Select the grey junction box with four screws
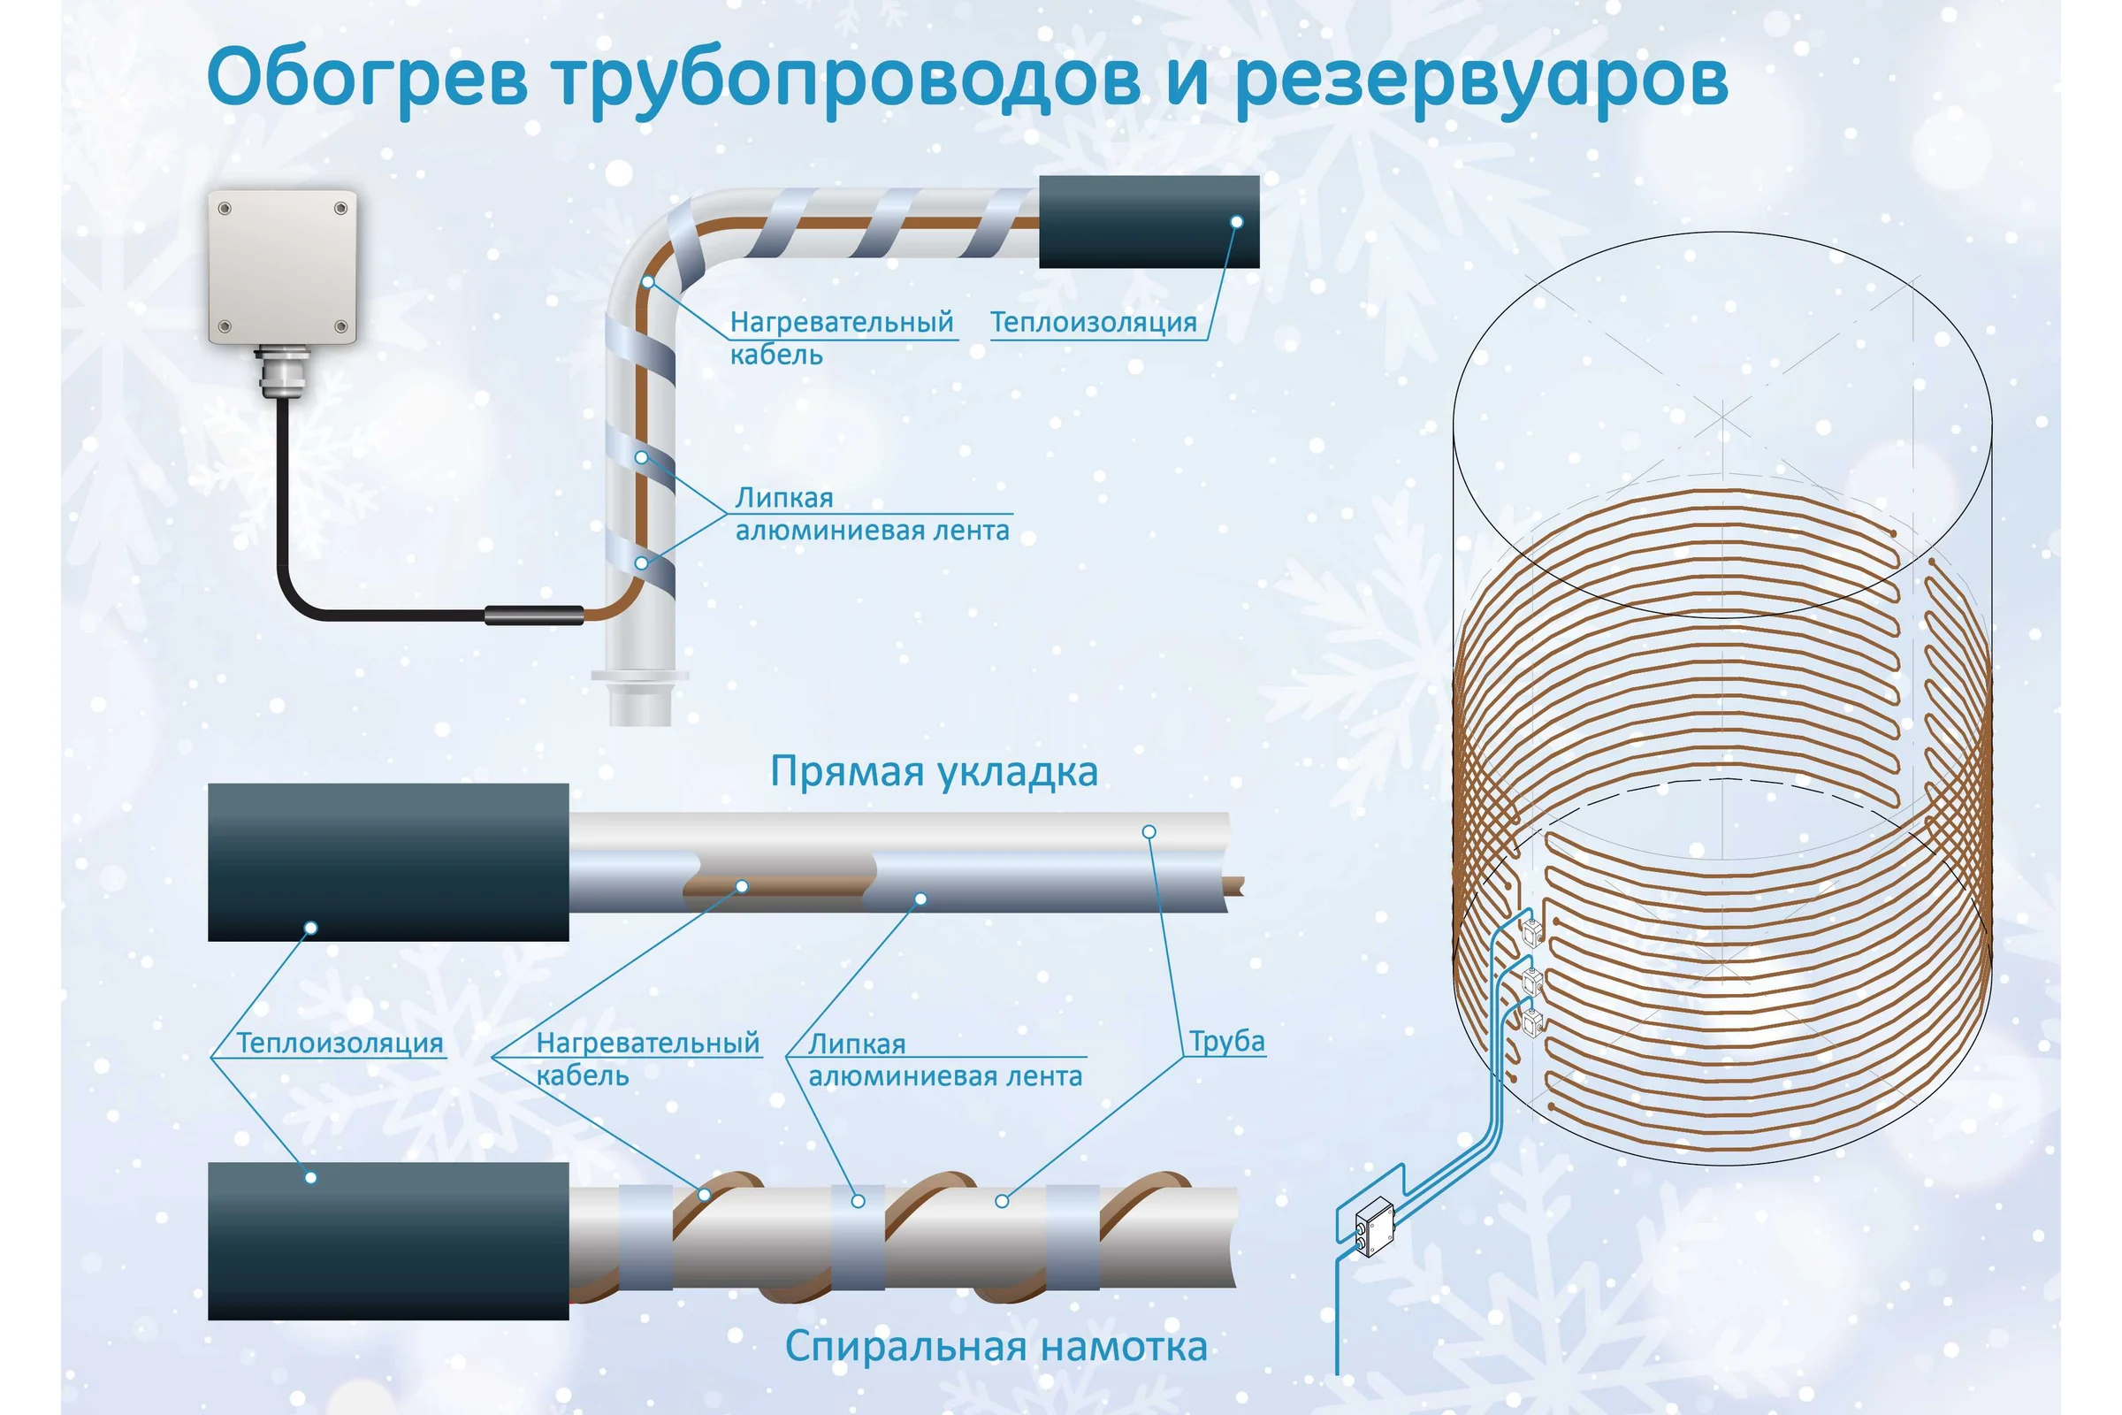coord(282,266)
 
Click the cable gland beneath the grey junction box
coord(281,370)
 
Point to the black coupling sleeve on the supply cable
coord(534,616)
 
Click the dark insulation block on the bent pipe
coord(1149,221)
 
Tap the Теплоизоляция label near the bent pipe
coord(1094,322)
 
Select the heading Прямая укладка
coord(934,771)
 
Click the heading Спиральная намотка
coord(996,1346)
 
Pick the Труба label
coord(1227,1042)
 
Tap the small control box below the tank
coord(1375,1226)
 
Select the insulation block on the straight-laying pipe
coord(388,861)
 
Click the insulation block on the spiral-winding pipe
coord(388,1241)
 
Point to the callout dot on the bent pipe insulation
coord(1237,222)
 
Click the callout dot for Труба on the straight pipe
coord(1149,831)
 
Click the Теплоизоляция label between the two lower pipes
coord(340,1044)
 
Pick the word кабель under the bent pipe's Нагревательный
coord(776,355)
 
